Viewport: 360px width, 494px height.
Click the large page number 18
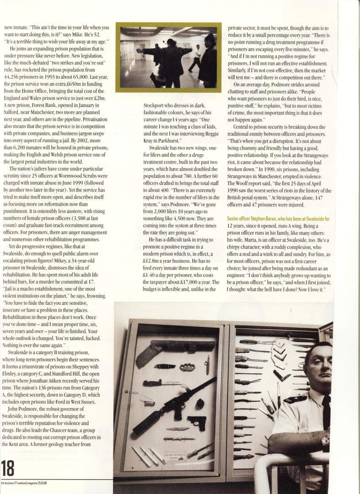tap(9, 468)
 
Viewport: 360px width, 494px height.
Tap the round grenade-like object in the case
tap(200, 404)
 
